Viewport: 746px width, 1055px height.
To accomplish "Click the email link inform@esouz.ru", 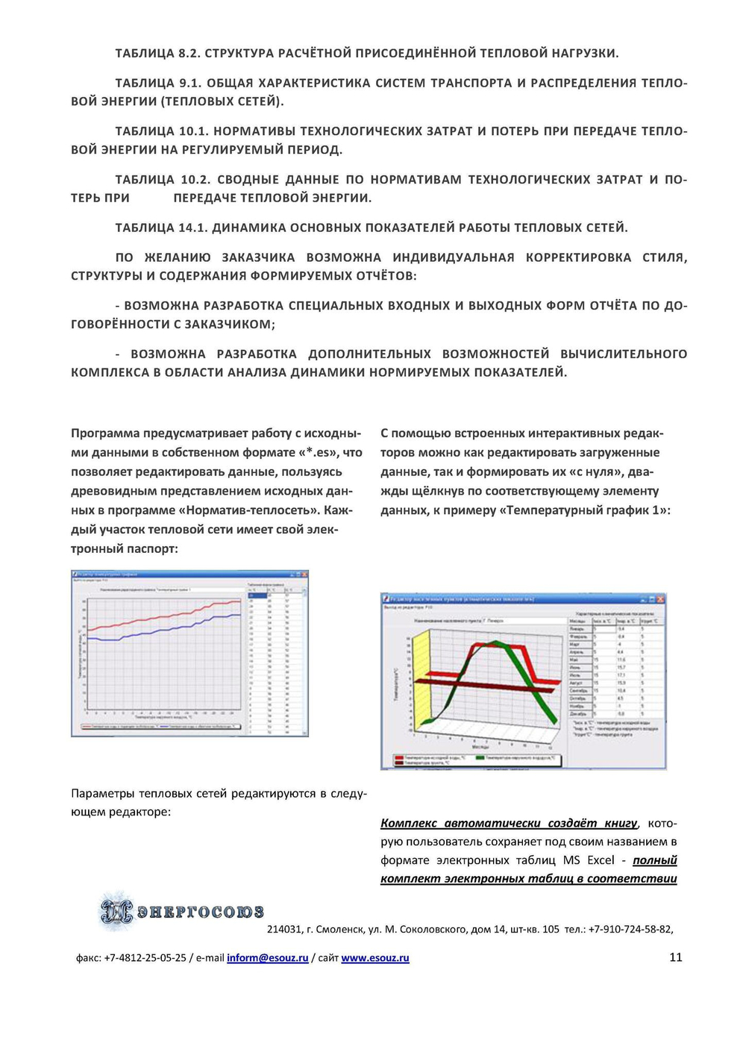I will (267, 958).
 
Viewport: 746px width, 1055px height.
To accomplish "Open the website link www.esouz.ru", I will (375, 958).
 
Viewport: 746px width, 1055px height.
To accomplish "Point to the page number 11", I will (676, 957).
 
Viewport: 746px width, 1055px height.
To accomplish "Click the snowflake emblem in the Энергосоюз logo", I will (117, 910).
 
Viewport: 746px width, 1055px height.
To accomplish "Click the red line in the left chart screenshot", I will (164, 616).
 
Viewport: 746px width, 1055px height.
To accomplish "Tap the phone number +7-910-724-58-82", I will (630, 930).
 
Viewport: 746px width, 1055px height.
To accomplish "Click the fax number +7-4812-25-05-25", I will (145, 958).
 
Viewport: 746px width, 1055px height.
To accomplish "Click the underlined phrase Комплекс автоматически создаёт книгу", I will (509, 823).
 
